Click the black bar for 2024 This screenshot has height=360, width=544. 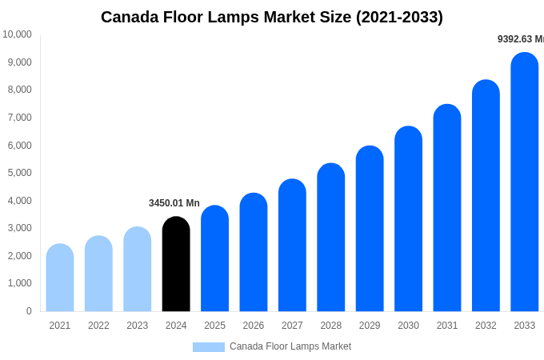(176, 264)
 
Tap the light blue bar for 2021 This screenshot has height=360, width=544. (60, 278)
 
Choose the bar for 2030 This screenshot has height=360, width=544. (408, 219)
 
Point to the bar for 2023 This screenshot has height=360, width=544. (138, 270)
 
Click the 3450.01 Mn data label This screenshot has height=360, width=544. (174, 203)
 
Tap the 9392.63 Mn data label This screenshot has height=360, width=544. (520, 39)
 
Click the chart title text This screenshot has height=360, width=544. (272, 17)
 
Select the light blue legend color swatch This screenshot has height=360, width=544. (208, 346)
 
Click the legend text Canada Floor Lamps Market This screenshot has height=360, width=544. (290, 346)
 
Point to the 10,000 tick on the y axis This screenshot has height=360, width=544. (18, 34)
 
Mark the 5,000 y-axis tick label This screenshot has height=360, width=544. (18, 173)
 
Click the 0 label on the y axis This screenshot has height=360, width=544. (29, 311)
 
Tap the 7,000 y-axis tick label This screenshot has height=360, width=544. (18, 118)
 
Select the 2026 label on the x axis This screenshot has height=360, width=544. (254, 326)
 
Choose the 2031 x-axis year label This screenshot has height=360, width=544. (447, 326)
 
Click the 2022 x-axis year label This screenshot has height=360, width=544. (98, 326)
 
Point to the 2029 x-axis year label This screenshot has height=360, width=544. (370, 326)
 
